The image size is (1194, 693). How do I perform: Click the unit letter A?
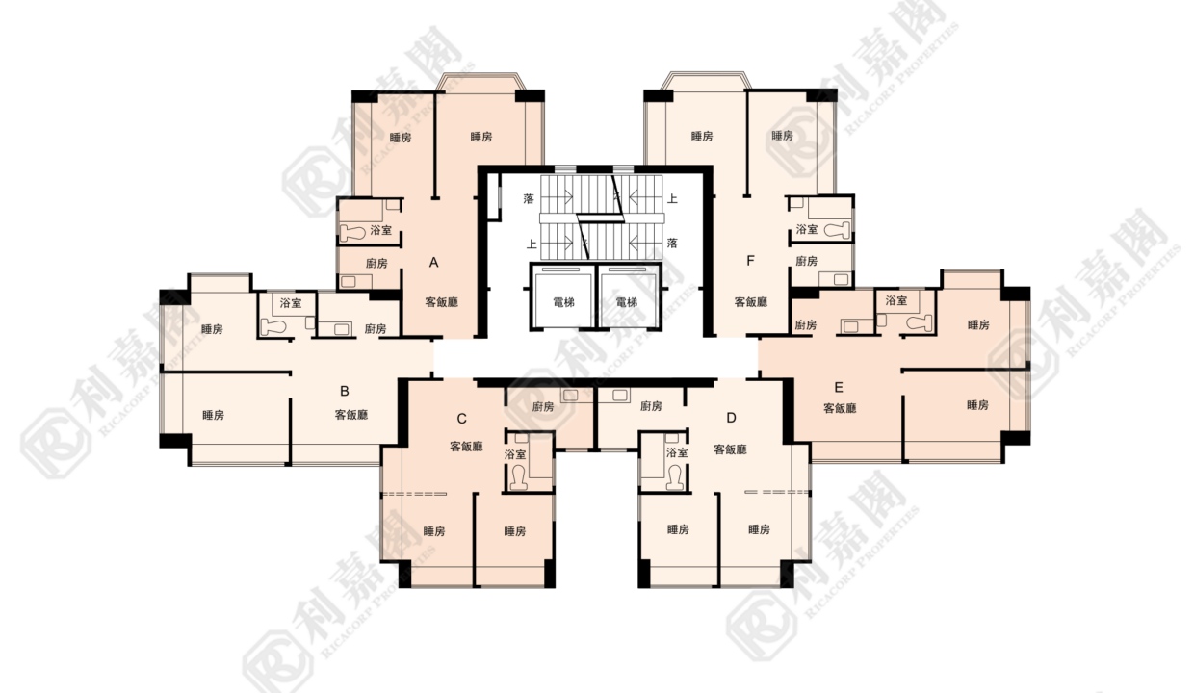(434, 263)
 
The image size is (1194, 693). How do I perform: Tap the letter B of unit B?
(345, 391)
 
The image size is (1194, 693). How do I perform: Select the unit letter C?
(461, 420)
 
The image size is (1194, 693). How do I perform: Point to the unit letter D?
(732, 418)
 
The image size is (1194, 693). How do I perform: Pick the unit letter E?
(839, 387)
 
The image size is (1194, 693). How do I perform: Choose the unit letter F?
(750, 261)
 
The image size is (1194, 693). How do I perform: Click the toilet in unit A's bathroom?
(352, 232)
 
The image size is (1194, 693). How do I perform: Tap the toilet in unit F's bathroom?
(837, 230)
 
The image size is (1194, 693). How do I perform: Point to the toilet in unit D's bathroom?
(675, 476)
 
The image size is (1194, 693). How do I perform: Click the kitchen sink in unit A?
(349, 281)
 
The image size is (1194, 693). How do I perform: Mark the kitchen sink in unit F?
(842, 279)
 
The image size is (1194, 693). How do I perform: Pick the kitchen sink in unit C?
(571, 396)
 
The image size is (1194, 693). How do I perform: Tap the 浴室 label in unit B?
(291, 303)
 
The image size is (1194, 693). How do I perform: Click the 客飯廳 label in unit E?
(840, 408)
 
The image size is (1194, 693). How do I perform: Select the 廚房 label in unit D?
(651, 406)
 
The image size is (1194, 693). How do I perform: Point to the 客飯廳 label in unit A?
(441, 302)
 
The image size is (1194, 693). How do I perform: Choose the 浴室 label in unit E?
(896, 301)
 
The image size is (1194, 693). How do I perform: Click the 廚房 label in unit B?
(376, 329)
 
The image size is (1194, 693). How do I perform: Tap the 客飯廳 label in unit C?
(466, 447)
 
